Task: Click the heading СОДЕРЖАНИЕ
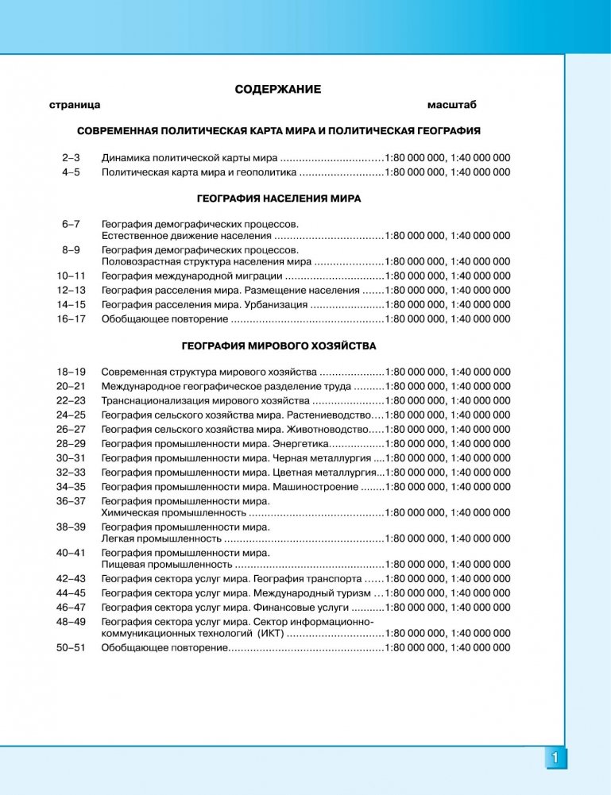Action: pyautogui.click(x=278, y=90)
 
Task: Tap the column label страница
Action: pyautogui.click(x=74, y=105)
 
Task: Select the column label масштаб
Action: pyautogui.click(x=451, y=105)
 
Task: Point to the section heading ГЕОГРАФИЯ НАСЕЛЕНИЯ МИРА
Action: pyautogui.click(x=278, y=199)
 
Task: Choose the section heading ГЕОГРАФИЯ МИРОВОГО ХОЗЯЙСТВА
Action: pyautogui.click(x=278, y=346)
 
